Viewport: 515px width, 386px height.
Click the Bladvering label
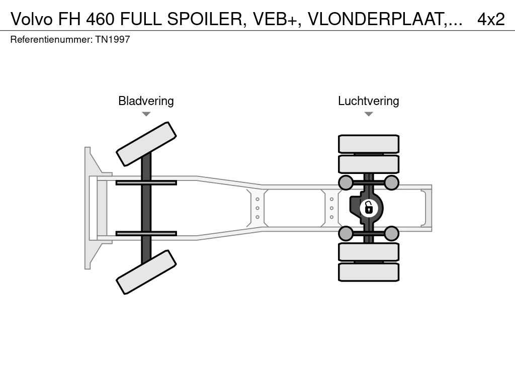[146, 101]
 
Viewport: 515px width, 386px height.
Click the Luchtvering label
[368, 101]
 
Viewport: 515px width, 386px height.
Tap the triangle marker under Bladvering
[146, 114]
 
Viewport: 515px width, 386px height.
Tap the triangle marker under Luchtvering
[368, 114]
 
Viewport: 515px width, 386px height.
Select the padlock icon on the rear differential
[369, 207]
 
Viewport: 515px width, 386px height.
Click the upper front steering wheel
[146, 144]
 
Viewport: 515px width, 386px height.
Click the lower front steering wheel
[146, 272]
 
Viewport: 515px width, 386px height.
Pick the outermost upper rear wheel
[369, 144]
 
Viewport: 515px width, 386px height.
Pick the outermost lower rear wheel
[369, 272]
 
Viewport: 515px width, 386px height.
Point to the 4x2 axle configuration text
[490, 19]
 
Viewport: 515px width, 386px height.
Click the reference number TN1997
[113, 39]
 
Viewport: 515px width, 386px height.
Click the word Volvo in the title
[32, 19]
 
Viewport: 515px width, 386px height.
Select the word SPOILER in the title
[204, 19]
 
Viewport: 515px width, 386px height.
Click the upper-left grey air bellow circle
[346, 182]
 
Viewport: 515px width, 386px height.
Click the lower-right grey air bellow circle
[391, 233]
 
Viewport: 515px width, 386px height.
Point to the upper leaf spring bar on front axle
[146, 182]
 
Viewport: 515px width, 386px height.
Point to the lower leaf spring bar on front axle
[146, 233]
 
